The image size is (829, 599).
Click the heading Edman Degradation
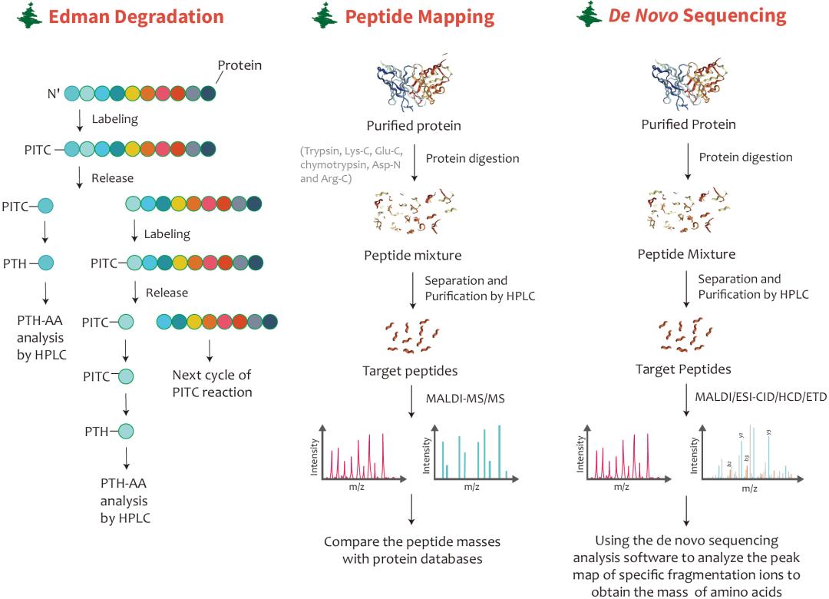pyautogui.click(x=137, y=17)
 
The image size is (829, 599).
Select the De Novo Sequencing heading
pyautogui.click(x=697, y=17)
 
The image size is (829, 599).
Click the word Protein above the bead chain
pyautogui.click(x=239, y=65)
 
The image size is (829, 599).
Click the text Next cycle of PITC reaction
pyautogui.click(x=212, y=383)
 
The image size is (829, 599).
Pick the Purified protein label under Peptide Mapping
pyautogui.click(x=416, y=124)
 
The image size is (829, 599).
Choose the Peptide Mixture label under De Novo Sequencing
pyautogui.click(x=686, y=253)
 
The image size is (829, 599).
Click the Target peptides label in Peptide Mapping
pyautogui.click(x=410, y=371)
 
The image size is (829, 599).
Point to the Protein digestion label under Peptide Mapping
pyautogui.click(x=472, y=158)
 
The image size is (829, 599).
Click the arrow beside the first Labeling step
pyautogui.click(x=80, y=120)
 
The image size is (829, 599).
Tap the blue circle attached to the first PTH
pyautogui.click(x=46, y=263)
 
